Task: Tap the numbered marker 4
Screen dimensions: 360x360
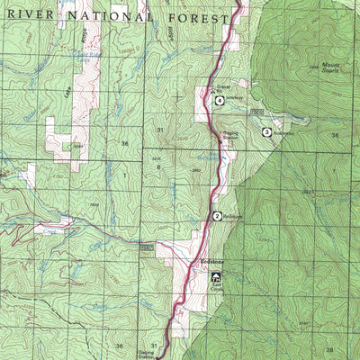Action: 219,100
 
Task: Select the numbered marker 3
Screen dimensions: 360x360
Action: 266,132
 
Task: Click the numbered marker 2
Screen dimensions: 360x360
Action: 217,216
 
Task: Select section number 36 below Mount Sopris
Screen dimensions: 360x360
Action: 335,135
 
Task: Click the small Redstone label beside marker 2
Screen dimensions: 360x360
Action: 232,216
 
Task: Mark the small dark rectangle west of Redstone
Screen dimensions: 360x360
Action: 148,246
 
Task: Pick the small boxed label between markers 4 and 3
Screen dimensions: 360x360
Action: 256,111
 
